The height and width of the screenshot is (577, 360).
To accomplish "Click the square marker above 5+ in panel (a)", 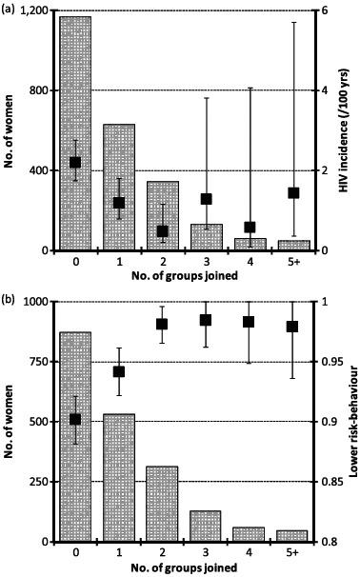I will coord(293,192).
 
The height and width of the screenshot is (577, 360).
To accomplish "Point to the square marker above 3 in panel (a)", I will coord(207,199).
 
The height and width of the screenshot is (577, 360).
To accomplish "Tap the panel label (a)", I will coord(9,7).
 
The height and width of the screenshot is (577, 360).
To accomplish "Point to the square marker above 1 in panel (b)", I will coord(119,371).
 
